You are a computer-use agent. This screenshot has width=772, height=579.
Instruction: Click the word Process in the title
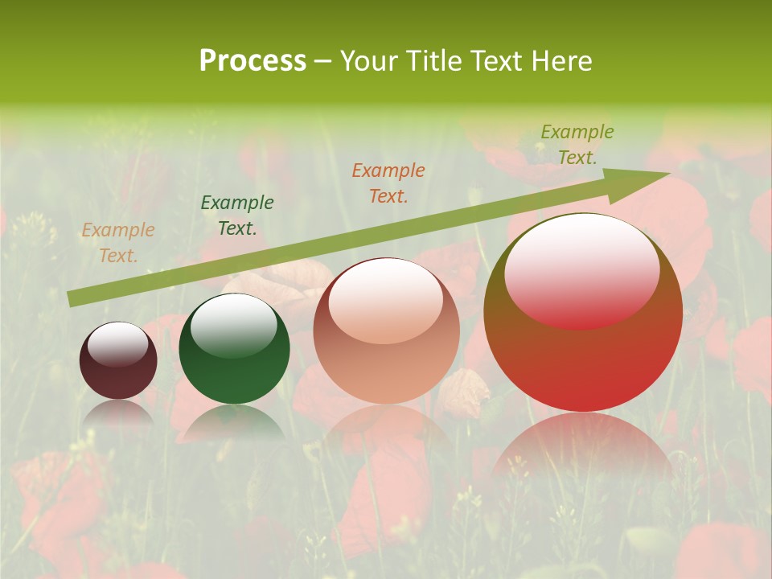pos(253,61)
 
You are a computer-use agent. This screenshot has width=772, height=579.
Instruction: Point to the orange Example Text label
pos(118,243)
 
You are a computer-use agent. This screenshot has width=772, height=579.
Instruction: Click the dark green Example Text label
pos(237,216)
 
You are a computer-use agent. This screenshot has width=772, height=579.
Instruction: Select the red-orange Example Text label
pos(388,183)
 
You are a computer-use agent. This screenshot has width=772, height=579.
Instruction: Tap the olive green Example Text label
pos(577,145)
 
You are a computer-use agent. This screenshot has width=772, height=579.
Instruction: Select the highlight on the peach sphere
pos(385,301)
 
